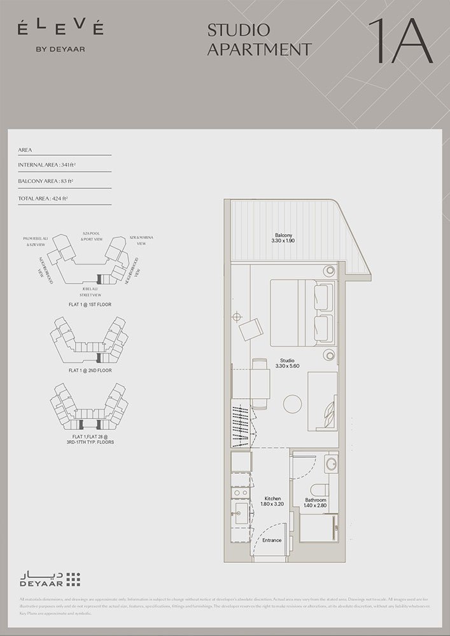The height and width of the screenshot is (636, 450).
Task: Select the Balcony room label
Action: [284, 235]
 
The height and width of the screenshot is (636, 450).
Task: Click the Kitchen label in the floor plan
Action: [272, 499]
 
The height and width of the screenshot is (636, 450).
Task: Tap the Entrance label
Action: [272, 541]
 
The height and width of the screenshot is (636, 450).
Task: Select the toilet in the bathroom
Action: [320, 488]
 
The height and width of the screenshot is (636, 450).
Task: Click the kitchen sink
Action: [241, 517]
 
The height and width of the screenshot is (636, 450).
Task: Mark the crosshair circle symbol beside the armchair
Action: [237, 316]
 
